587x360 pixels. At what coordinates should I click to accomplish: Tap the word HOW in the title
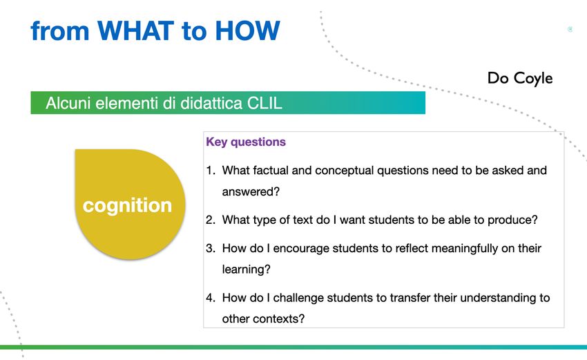(247, 30)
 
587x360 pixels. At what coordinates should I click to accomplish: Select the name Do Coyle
(520, 78)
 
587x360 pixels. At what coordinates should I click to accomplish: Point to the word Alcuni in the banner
(68, 103)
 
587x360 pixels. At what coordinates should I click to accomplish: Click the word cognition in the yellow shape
(127, 205)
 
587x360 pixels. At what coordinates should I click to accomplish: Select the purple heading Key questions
(246, 142)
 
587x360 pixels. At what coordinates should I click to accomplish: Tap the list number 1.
(211, 171)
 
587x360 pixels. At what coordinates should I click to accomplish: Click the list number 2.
(211, 220)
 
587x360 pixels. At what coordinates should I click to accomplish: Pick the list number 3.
(211, 248)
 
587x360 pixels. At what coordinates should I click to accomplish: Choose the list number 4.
(211, 298)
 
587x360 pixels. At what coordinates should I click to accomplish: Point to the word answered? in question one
(251, 192)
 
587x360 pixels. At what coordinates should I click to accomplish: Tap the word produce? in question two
(512, 220)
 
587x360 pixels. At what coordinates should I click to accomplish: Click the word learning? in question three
(246, 269)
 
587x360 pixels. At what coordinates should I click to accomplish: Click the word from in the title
(60, 30)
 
